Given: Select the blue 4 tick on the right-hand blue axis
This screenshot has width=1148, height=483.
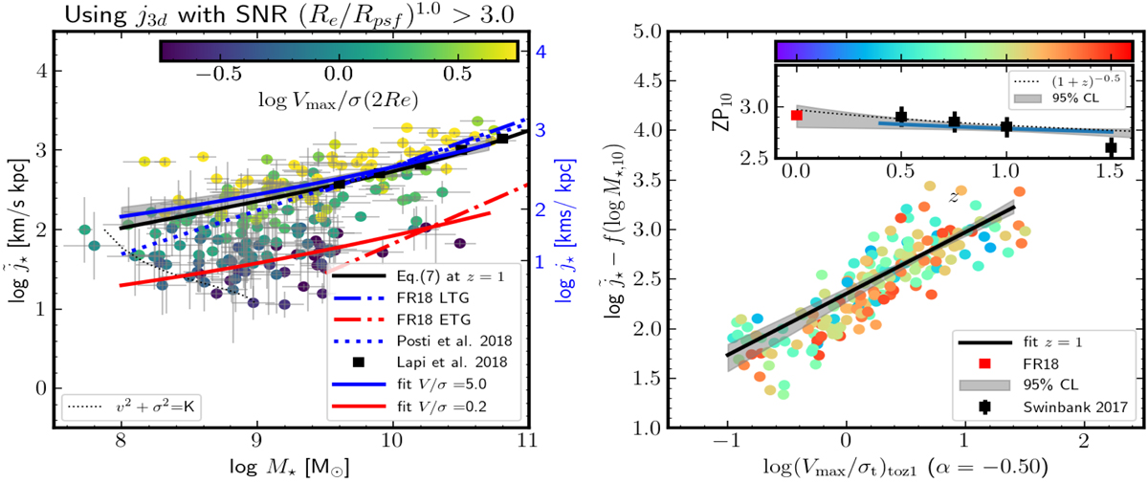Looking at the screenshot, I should click(541, 55).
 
